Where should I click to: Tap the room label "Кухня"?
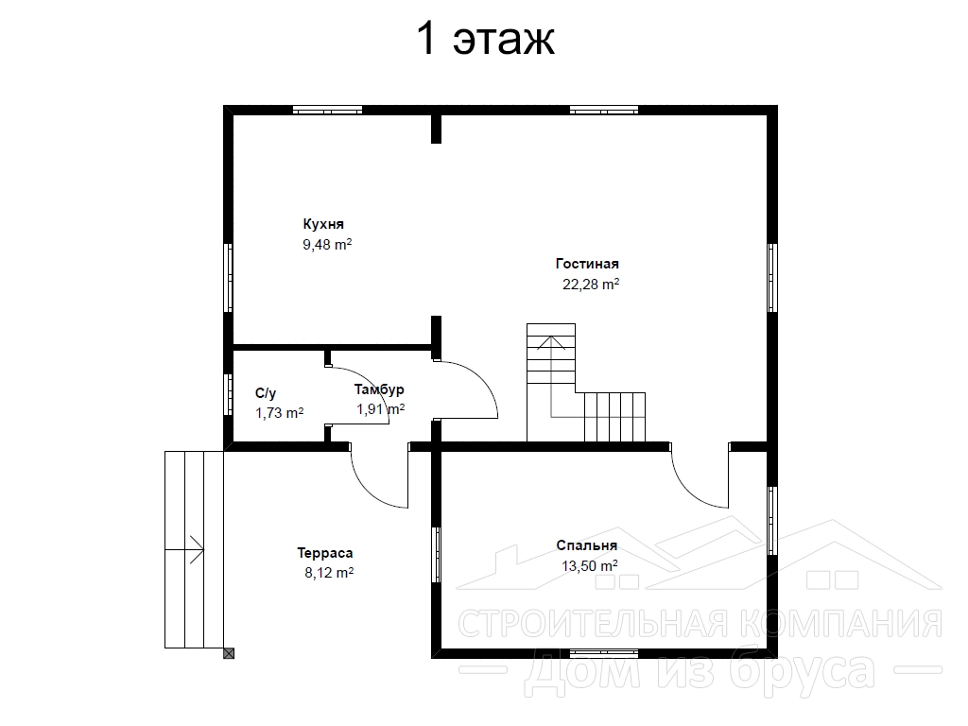point(323,224)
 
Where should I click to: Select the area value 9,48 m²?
point(326,245)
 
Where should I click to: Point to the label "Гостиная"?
point(586,264)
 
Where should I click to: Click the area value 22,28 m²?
point(590,284)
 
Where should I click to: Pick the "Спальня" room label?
point(586,545)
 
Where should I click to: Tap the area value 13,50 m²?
point(590,565)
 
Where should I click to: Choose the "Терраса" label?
point(325,552)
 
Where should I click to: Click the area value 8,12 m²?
point(328,572)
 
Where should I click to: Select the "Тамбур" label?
point(379,389)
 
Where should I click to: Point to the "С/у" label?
point(266,393)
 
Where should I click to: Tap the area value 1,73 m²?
point(279,412)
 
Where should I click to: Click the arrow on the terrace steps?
point(184,549)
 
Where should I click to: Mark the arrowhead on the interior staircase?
point(551,342)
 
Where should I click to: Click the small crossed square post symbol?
point(229,653)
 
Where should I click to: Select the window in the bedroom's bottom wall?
point(604,652)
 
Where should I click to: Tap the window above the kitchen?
point(327,111)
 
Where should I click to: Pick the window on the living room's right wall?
point(771,278)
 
